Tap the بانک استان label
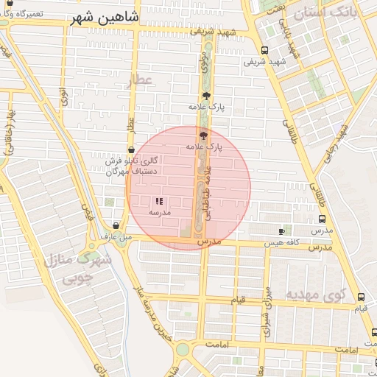point(324,13)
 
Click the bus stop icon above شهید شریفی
point(264,51)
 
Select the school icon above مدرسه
point(160,201)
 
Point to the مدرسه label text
point(160,212)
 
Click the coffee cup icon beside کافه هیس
point(281,231)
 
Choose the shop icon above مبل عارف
point(116,226)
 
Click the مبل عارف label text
point(116,237)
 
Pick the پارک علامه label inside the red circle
point(204,147)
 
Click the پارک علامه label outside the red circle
point(205,107)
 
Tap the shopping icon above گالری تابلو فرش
point(130,150)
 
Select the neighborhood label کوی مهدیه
point(315,295)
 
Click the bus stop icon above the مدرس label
point(322,219)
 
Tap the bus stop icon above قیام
point(361,297)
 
